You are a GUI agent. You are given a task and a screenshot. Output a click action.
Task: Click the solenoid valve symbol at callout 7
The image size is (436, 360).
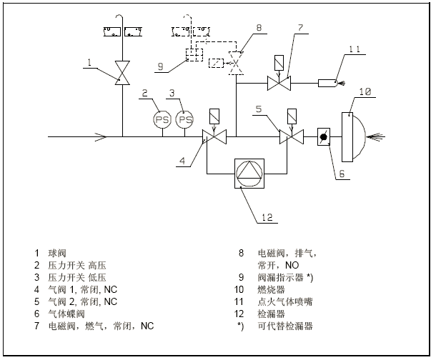[x=279, y=84]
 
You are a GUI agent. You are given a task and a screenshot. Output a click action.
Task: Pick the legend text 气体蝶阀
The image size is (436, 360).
[x=64, y=314]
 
